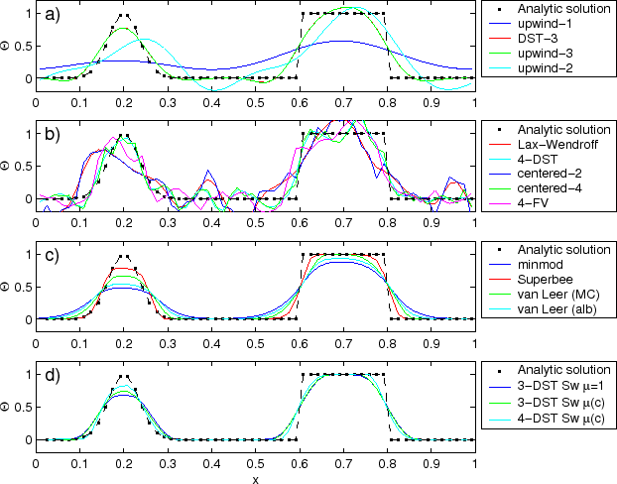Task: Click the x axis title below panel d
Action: [x=255, y=478]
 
